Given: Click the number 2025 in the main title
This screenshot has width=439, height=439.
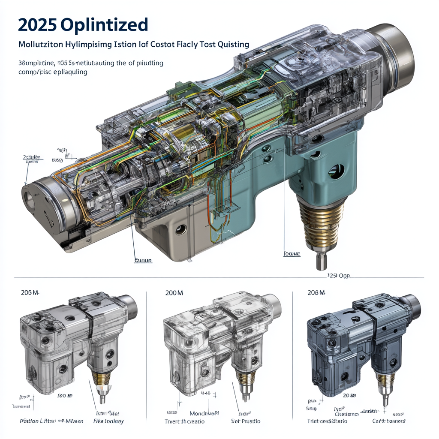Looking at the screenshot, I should [36, 24].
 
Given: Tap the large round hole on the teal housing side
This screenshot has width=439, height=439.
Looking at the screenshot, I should [336, 171].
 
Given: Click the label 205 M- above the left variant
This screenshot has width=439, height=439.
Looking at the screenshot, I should [30, 293].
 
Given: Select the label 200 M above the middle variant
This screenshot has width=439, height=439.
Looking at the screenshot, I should [174, 293].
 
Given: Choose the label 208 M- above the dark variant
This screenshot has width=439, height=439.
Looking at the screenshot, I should [316, 293].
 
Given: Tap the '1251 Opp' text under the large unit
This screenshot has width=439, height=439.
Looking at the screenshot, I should [338, 276].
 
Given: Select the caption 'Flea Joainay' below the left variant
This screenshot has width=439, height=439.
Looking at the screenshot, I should [108, 421].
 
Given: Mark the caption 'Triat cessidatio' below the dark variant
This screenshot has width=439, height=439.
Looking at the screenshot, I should [327, 421].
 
